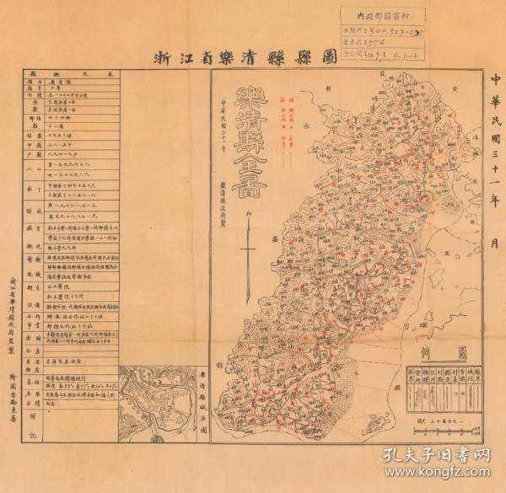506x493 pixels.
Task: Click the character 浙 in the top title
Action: tap(159, 59)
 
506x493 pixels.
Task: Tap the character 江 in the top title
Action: tap(181, 59)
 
